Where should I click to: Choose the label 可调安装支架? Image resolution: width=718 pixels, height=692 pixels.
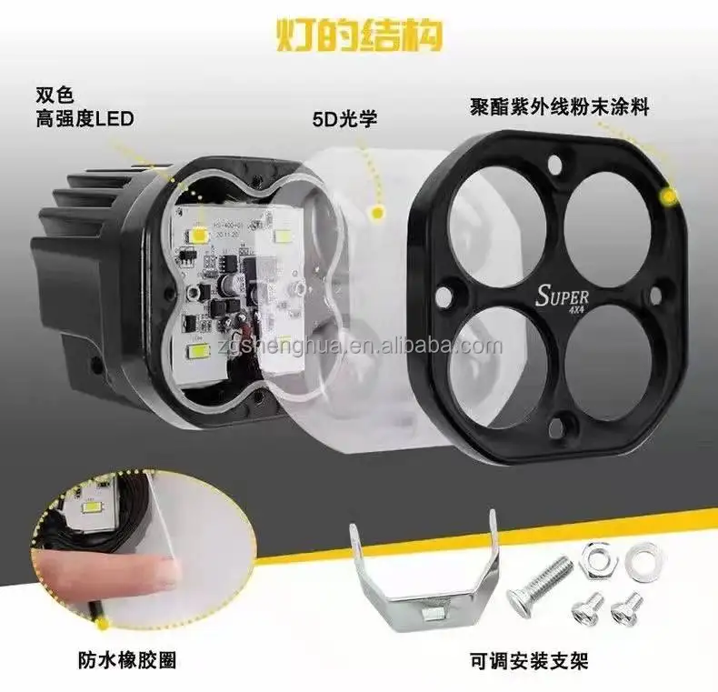tap(526, 660)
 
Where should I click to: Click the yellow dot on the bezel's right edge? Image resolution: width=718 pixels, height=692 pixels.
tap(670, 196)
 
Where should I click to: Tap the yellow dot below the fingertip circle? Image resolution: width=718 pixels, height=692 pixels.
tap(102, 624)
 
